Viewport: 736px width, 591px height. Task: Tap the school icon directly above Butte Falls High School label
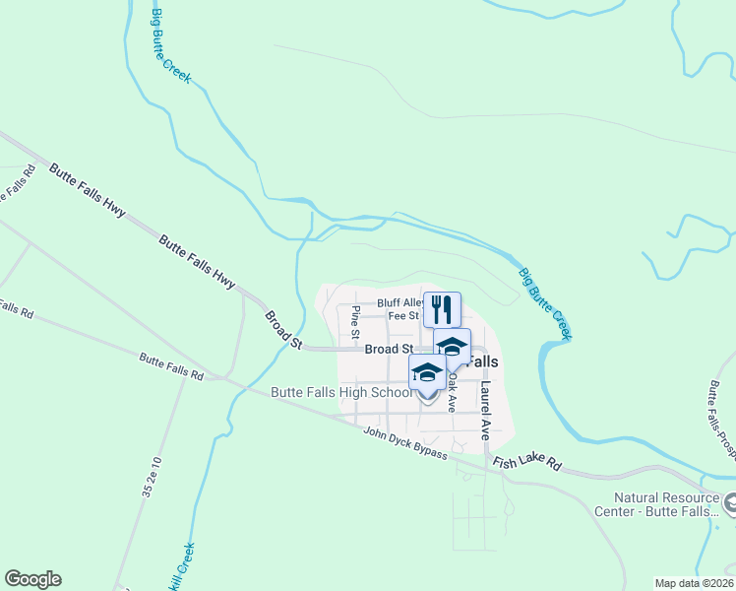[x=427, y=374]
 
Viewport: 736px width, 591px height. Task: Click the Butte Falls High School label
[x=340, y=393]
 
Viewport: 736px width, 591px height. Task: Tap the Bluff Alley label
[x=399, y=303]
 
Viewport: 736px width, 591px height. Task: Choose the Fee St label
[x=404, y=316]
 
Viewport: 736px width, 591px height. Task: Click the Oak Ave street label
[x=453, y=391]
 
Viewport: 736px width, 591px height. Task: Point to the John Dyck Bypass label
[x=405, y=443]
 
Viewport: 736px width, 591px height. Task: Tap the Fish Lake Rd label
[x=526, y=463]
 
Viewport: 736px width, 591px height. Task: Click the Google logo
[x=33, y=579]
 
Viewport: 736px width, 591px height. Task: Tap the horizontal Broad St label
[x=388, y=350]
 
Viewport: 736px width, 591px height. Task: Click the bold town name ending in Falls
[x=479, y=361]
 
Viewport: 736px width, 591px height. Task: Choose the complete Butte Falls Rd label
[x=170, y=367]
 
